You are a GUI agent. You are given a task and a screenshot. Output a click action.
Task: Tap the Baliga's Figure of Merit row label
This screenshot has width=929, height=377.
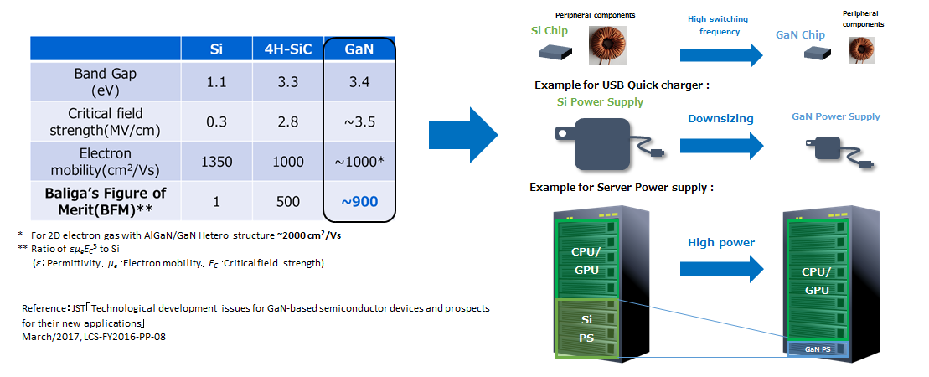coord(106,201)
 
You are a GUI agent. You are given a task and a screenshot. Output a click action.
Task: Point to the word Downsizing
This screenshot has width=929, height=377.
coord(720,118)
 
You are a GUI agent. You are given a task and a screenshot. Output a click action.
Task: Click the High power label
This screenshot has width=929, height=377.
coord(720,243)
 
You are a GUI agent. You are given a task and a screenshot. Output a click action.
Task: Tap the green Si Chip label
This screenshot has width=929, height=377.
coord(550,32)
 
